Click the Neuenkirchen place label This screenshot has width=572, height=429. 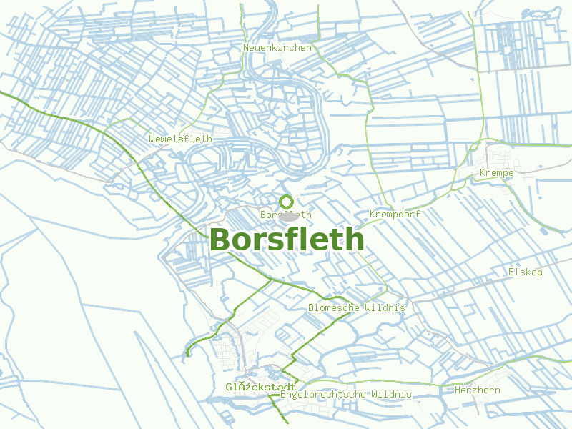pyautogui.click(x=277, y=48)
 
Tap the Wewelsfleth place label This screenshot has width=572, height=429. pyautogui.click(x=181, y=139)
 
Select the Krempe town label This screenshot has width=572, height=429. pyautogui.click(x=497, y=173)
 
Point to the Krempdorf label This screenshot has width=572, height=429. pyautogui.click(x=395, y=214)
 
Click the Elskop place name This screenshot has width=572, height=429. pyautogui.click(x=526, y=272)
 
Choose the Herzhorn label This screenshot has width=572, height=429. pyautogui.click(x=478, y=390)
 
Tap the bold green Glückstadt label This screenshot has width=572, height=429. pyautogui.click(x=251, y=387)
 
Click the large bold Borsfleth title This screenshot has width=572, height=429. pyautogui.click(x=287, y=240)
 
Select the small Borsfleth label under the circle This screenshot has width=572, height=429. pyautogui.click(x=286, y=214)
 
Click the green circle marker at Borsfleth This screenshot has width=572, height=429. pyautogui.click(x=287, y=202)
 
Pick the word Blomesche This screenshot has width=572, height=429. pyautogui.click(x=334, y=307)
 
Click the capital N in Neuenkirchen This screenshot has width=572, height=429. pyautogui.click(x=246, y=48)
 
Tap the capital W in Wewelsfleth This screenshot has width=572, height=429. pyautogui.click(x=152, y=139)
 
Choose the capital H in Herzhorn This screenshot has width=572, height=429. pyautogui.click(x=458, y=390)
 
